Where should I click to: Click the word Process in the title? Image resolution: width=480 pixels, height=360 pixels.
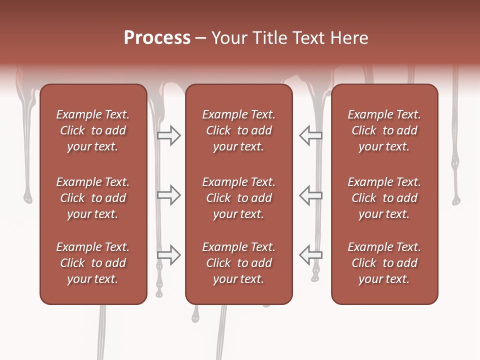tap(157, 37)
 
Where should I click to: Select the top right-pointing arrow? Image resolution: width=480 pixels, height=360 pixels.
tap(169, 135)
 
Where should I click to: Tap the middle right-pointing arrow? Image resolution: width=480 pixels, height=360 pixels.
tap(169, 195)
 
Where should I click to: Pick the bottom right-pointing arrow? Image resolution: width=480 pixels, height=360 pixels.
tap(169, 255)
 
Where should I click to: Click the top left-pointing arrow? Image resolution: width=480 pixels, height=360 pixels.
tap(310, 135)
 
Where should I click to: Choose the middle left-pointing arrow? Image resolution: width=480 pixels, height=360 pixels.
tap(310, 195)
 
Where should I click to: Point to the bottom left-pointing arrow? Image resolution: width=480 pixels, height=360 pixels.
tap(310, 255)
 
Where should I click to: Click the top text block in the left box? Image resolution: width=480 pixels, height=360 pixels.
tap(93, 130)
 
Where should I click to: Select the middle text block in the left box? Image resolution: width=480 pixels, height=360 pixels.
tap(93, 198)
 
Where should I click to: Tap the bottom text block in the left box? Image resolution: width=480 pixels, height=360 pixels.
tap(93, 263)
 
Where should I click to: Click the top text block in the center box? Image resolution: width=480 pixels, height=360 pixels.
tap(238, 130)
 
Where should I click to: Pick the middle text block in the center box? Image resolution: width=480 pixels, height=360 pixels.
tap(238, 198)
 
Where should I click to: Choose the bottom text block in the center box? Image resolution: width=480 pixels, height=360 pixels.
tap(238, 263)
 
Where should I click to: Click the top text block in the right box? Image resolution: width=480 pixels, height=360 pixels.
tap(384, 130)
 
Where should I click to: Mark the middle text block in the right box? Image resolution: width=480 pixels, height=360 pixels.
tap(384, 198)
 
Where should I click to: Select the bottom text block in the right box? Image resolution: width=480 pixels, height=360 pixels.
tap(384, 263)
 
